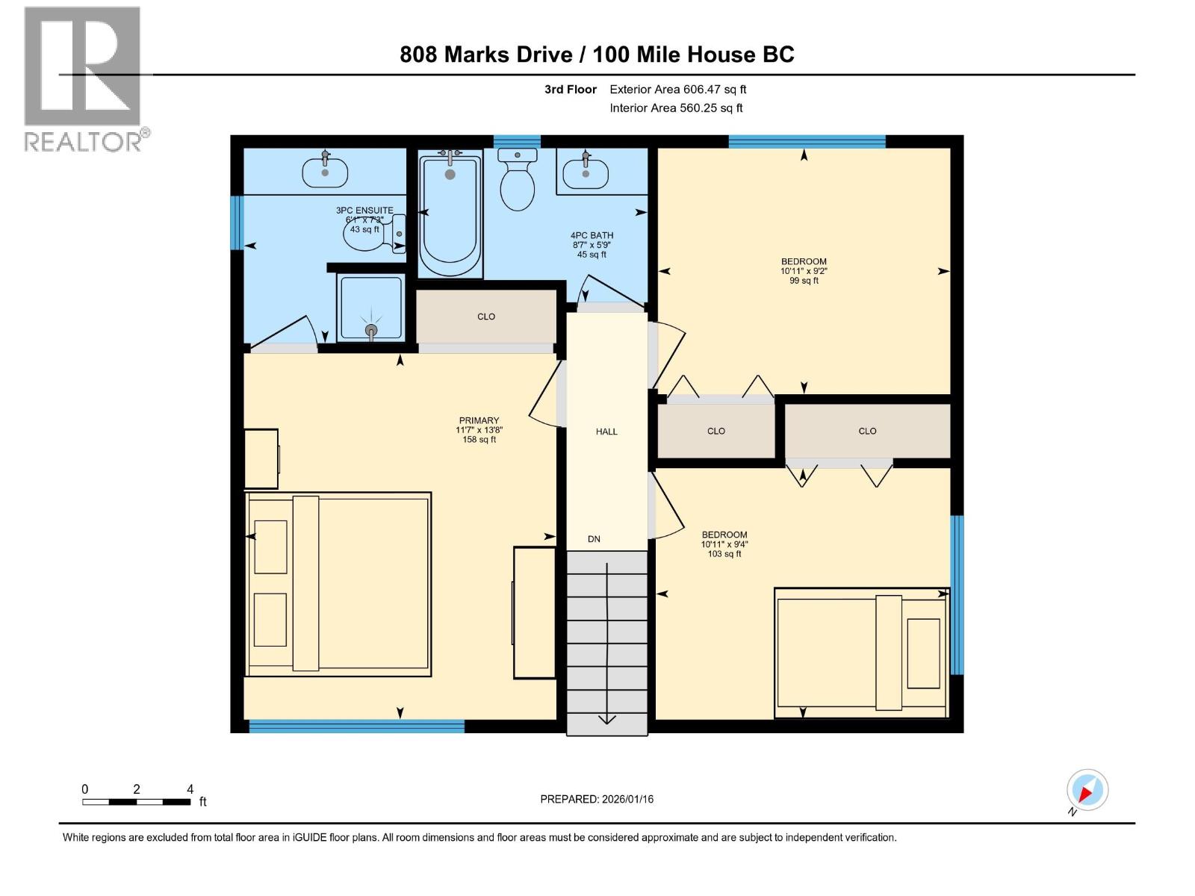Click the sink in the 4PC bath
click(585, 174)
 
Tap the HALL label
click(606, 432)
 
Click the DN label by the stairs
click(594, 539)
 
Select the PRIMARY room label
click(479, 421)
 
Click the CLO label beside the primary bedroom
click(486, 317)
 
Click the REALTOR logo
click(82, 79)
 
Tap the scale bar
click(136, 802)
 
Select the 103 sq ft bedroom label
click(724, 544)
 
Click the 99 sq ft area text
click(804, 281)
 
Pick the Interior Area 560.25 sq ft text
click(676, 108)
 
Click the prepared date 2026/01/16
click(597, 799)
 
